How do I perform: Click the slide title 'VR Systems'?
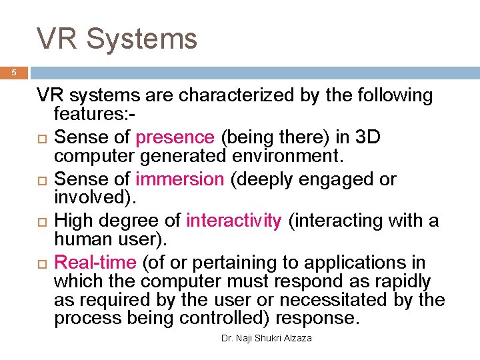coord(117,38)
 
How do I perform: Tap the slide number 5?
coord(14,73)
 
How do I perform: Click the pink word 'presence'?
coord(175,137)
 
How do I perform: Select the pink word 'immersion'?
coord(179,179)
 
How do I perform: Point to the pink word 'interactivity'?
coord(234,221)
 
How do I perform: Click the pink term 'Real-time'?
coord(95,263)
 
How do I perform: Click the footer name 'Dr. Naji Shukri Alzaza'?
coord(267,339)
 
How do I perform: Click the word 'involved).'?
coord(95,198)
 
